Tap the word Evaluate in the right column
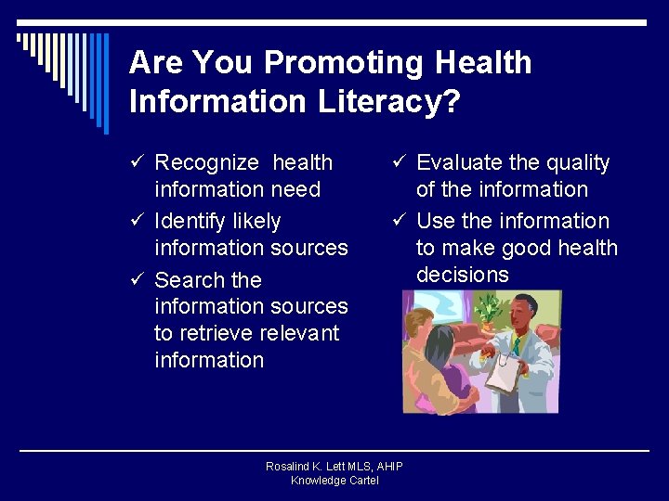[458, 163]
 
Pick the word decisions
[463, 275]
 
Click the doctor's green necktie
[516, 345]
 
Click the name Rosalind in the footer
[288, 467]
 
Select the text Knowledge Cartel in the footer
[334, 481]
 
